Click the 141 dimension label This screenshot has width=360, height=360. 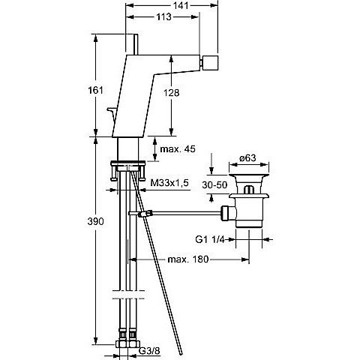tap(181, 5)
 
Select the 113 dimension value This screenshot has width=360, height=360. tap(163, 16)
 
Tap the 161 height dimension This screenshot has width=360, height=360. tap(95, 90)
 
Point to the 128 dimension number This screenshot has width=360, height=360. tap(172, 93)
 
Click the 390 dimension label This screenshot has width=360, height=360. tap(95, 221)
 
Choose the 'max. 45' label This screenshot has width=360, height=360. tap(178, 149)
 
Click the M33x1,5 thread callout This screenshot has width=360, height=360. tap(169, 183)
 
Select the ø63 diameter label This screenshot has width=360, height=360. tap(247, 158)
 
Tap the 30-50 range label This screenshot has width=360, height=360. tap(214, 185)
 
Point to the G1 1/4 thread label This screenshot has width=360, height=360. tap(210, 239)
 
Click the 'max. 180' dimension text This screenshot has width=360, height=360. tap(187, 259)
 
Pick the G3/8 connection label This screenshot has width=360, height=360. tap(149, 351)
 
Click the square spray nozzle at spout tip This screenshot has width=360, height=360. tap(211, 63)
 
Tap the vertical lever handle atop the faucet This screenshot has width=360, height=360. tap(136, 44)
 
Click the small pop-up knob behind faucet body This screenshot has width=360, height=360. tap(111, 114)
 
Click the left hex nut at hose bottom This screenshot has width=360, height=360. tap(121, 343)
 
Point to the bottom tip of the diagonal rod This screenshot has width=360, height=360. tap(181, 353)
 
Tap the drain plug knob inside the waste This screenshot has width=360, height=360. tap(248, 190)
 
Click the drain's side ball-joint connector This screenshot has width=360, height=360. tap(228, 213)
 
